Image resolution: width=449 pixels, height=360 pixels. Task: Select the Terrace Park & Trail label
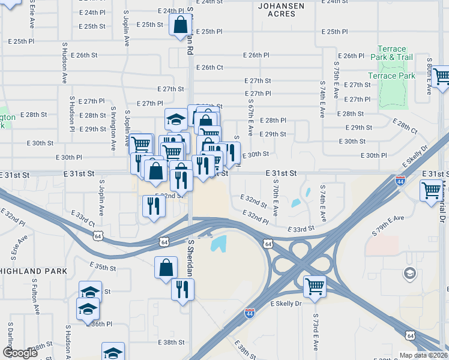click(395, 53)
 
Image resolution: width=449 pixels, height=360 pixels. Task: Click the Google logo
click(20, 353)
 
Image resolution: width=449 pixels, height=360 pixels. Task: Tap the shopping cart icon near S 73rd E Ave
click(315, 287)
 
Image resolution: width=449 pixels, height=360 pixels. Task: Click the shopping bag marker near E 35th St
click(166, 268)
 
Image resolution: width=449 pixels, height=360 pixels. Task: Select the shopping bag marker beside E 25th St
click(180, 25)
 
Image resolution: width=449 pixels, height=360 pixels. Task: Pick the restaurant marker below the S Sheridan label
click(182, 290)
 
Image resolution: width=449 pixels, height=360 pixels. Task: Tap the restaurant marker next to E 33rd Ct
click(154, 206)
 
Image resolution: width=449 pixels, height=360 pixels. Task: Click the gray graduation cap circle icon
click(409, 274)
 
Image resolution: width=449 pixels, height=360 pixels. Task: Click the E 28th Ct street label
click(405, 126)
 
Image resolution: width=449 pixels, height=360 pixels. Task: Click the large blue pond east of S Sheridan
click(218, 244)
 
